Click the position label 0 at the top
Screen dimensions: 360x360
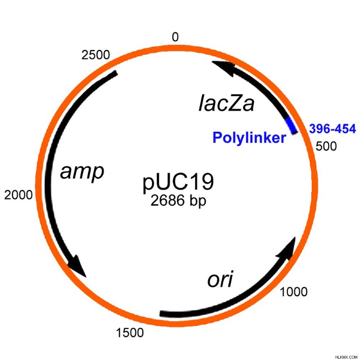[175, 37]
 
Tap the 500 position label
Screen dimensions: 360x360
[326, 146]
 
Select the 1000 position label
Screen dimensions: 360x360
[293, 292]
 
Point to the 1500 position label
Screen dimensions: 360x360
[130, 333]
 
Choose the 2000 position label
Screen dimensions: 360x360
[18, 195]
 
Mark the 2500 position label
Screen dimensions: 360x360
[96, 55]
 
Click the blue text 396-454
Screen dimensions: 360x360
[333, 129]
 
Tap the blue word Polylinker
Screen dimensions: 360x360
[249, 138]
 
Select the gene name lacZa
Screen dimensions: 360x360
[226, 104]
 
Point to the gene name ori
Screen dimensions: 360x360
[220, 279]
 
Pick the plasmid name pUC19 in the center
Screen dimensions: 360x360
[178, 183]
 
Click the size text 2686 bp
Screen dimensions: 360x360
[178, 200]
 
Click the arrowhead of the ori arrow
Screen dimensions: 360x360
[287, 249]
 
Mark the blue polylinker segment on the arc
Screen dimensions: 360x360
[292, 126]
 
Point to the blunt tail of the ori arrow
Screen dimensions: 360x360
[161, 314]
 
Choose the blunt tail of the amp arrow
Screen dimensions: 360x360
[116, 73]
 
